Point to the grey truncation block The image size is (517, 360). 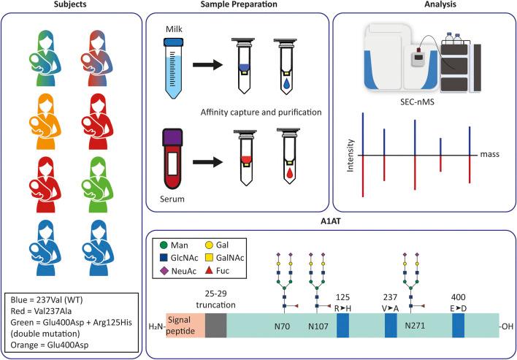[x=215, y=325]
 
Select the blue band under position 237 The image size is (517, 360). [x=391, y=325]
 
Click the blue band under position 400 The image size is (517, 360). [x=458, y=325]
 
